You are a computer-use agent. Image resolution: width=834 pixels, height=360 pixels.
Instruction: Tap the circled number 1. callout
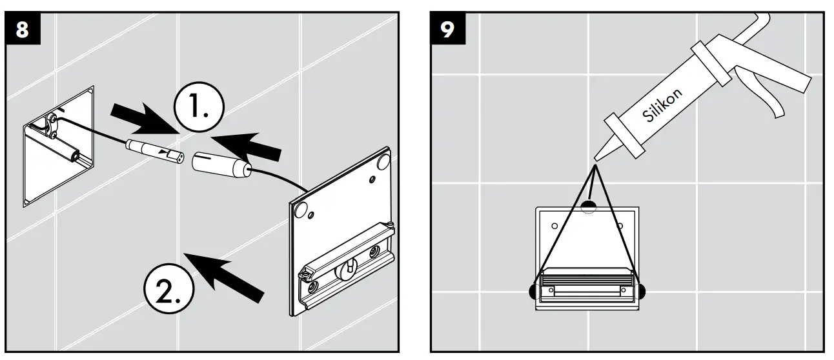click(x=199, y=107)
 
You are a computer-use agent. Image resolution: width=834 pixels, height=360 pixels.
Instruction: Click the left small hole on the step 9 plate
click(x=554, y=227)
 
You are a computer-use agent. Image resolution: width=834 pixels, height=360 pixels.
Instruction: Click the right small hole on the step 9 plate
click(x=620, y=226)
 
